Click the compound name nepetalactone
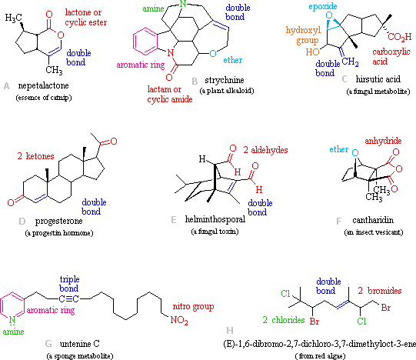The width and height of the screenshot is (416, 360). [44, 85]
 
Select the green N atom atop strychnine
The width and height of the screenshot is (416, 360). [183, 4]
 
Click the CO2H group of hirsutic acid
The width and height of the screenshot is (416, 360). [400, 37]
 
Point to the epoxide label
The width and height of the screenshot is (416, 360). [323, 6]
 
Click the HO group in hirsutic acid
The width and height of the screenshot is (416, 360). [312, 52]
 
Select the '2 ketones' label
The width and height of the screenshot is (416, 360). [36, 156]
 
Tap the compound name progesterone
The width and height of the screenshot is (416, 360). [59, 221]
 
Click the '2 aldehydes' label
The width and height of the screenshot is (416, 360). [265, 150]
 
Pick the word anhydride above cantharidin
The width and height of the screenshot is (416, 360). [383, 141]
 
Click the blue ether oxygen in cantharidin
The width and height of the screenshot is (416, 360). [355, 152]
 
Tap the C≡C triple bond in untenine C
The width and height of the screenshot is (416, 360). [69, 299]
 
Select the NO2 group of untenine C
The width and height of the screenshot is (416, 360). [179, 320]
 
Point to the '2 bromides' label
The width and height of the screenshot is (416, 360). [380, 291]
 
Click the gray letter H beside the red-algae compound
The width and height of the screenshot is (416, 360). [230, 331]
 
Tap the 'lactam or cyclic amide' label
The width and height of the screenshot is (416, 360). [170, 95]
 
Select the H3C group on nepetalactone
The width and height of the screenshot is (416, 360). [14, 18]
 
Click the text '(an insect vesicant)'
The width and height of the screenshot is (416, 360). [374, 232]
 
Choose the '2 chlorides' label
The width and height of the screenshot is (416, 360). [284, 320]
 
